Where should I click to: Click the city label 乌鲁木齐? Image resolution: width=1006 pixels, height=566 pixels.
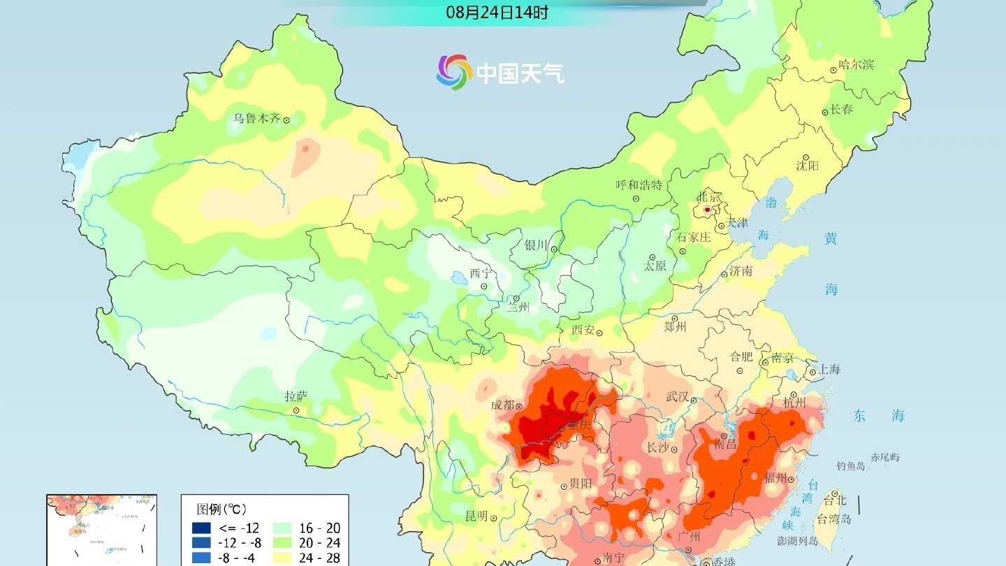256,119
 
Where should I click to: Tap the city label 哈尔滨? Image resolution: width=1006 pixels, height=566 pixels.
856,65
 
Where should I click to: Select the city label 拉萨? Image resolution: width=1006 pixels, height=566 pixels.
296,396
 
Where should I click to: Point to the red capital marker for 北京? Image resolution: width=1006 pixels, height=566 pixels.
707,210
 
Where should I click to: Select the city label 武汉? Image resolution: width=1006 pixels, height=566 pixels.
677,397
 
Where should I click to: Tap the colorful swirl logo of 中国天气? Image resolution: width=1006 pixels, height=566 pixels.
454,72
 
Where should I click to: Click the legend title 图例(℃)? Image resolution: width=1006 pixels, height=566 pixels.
221,509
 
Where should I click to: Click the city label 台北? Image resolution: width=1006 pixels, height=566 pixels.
835,500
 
